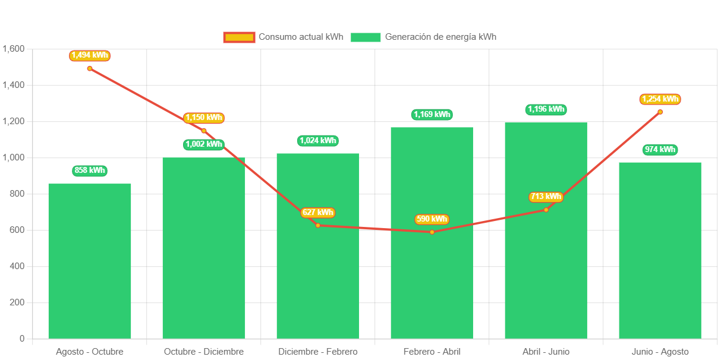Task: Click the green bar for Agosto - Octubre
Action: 90,261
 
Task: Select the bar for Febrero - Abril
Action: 432,285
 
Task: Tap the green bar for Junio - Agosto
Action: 660,250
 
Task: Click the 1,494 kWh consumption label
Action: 90,55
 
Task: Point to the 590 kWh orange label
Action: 432,219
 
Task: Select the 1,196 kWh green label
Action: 546,109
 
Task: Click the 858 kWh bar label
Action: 90,170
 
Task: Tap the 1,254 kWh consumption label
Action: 660,99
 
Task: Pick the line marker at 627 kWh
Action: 318,225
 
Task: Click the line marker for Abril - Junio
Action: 546,210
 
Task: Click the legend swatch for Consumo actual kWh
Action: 239,37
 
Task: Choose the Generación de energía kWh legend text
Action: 440,37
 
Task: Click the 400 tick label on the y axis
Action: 17,266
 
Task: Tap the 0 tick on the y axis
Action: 22,339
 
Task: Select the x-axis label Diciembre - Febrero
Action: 318,352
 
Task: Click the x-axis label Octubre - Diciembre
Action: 204,352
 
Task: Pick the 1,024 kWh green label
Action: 318,141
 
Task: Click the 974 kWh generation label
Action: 660,150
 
